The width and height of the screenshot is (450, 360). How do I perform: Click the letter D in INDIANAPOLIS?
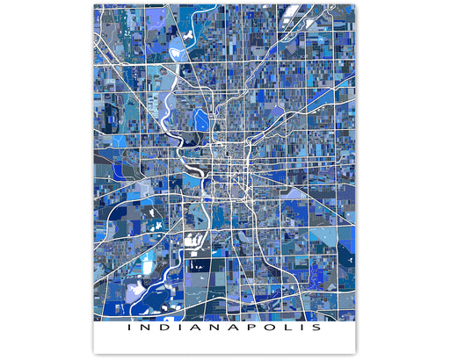[163, 329]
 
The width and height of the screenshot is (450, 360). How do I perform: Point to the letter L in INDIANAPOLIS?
[284, 329]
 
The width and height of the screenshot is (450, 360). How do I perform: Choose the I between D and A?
[178, 329]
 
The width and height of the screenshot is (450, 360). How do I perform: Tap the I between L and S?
[300, 329]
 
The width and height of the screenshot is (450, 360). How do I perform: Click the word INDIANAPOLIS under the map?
[223, 329]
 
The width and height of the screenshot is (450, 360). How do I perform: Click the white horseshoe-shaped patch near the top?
[187, 31]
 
